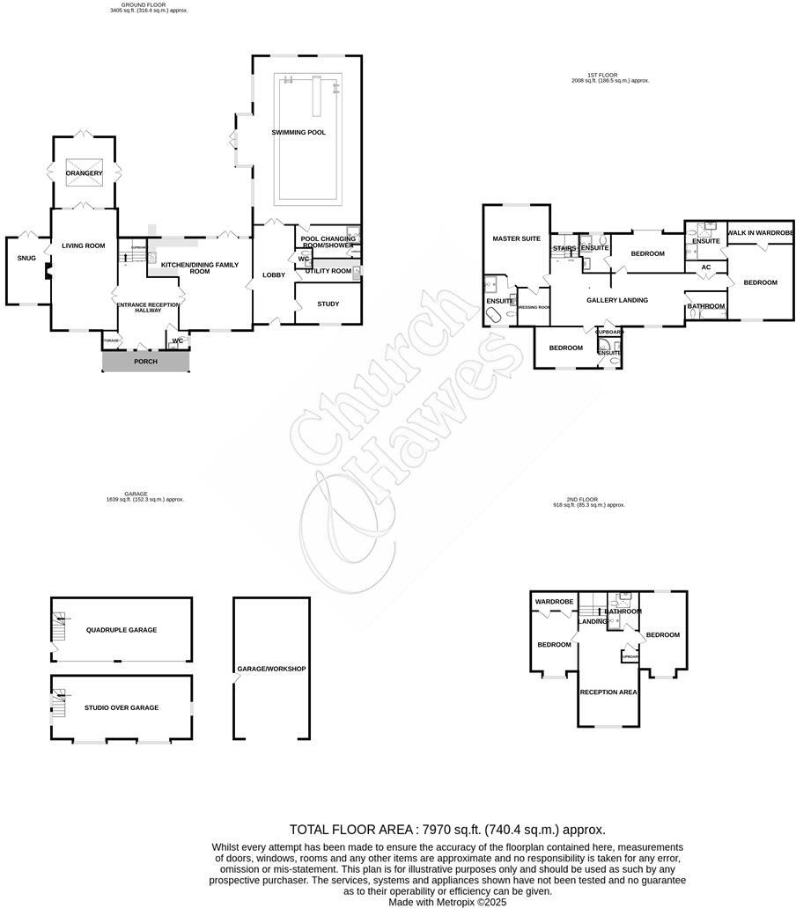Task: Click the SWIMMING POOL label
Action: (298, 132)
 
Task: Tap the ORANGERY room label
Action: (84, 173)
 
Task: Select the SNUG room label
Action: (26, 259)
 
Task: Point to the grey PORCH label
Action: (145, 362)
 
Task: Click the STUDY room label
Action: (328, 304)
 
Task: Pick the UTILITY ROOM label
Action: (328, 271)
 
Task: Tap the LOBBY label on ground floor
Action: (274, 275)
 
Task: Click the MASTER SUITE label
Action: (516, 238)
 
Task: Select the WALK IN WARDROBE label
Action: (760, 233)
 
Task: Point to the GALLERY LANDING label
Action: (617, 300)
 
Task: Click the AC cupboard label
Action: (705, 267)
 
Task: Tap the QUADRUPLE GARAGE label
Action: (122, 630)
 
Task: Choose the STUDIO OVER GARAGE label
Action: (122, 707)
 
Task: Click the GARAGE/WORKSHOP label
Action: (271, 669)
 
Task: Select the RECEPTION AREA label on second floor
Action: (608, 692)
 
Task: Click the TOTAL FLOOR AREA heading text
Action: (447, 829)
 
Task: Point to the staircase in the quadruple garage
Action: (59, 627)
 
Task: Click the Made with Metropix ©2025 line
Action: (447, 901)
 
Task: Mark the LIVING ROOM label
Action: (83, 245)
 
